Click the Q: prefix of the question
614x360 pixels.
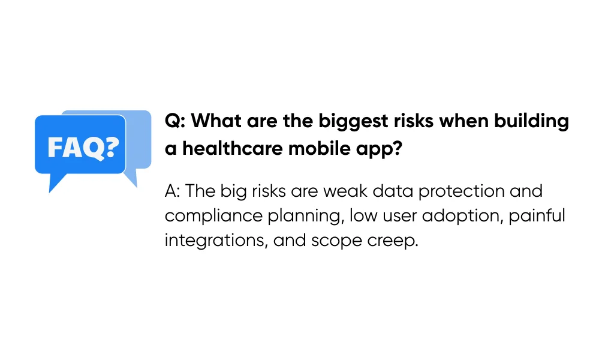coord(176,122)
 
